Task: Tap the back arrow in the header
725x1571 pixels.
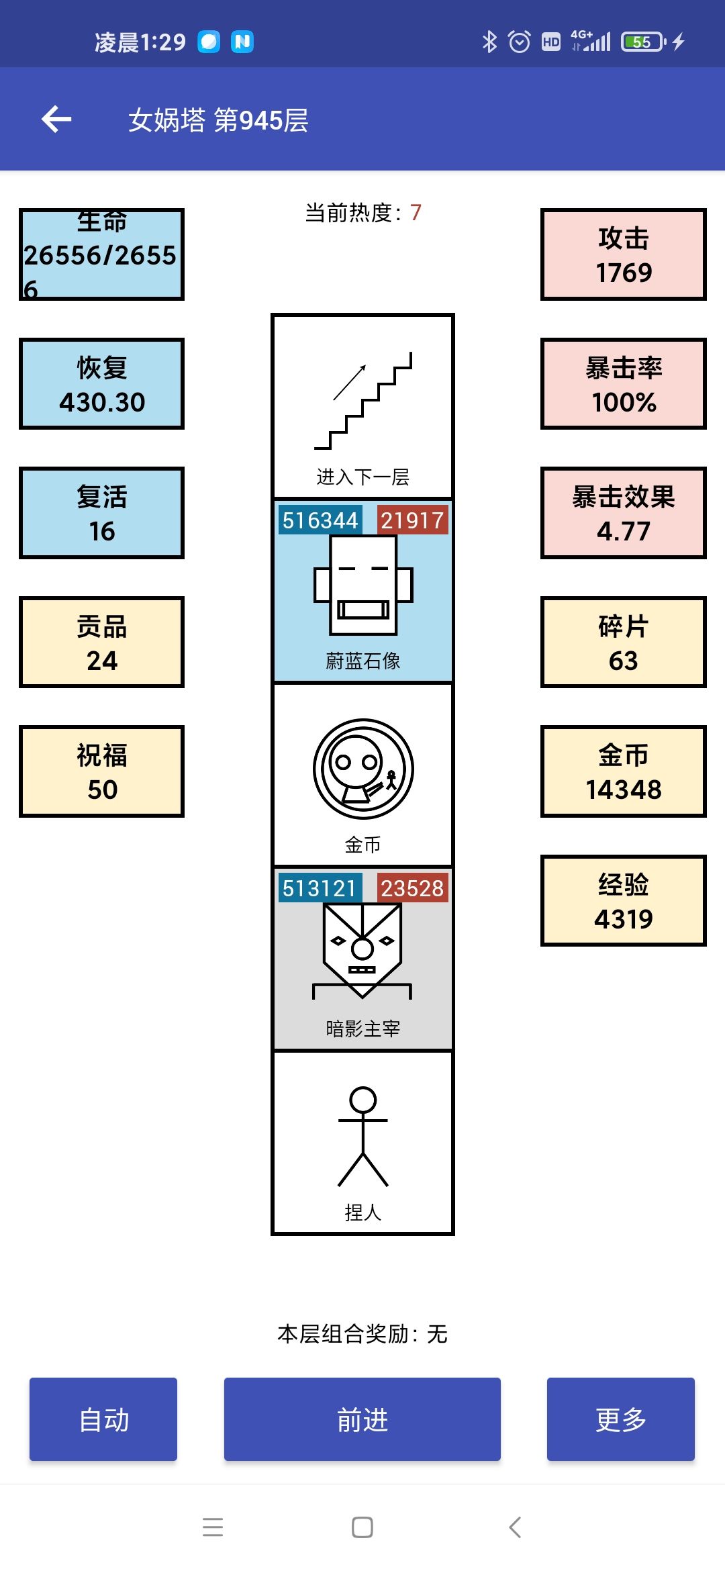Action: (x=56, y=120)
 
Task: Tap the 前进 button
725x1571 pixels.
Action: (x=362, y=1419)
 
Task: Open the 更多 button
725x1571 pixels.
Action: (x=621, y=1419)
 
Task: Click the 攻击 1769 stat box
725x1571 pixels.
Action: (x=624, y=254)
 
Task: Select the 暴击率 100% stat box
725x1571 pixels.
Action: (x=624, y=384)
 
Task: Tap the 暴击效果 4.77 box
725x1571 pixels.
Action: (x=624, y=513)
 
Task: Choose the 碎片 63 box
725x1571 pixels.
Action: (x=624, y=642)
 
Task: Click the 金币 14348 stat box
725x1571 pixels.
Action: (x=624, y=771)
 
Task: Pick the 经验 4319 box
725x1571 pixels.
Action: (x=624, y=901)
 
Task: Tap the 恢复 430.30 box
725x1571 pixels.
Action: (x=101, y=384)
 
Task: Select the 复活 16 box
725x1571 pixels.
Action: (x=101, y=513)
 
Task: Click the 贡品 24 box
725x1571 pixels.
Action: (x=101, y=642)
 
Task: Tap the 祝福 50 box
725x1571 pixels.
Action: (x=101, y=771)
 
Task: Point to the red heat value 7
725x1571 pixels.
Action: (x=416, y=213)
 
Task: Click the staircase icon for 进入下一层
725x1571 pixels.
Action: (x=363, y=400)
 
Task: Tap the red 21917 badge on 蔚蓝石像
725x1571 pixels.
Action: (x=412, y=520)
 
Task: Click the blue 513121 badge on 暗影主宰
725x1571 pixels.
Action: (x=320, y=888)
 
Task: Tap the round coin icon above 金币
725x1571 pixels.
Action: (x=363, y=769)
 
